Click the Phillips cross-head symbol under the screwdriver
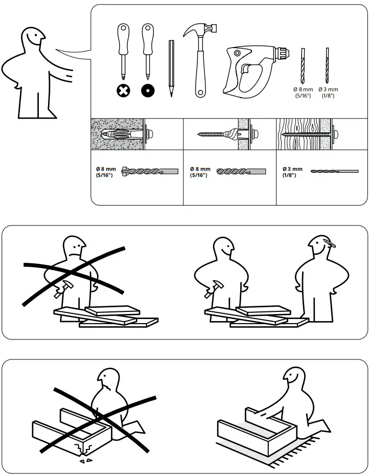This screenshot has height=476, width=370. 124,91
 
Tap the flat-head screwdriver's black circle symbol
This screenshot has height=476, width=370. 148,91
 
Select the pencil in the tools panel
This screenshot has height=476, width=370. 171,69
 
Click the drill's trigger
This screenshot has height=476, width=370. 246,69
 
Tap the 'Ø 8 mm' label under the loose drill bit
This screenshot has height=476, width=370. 303,89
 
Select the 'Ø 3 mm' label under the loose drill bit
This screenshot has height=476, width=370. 328,89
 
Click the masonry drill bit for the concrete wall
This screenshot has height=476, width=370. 150,171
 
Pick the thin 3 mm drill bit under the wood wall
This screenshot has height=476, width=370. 335,171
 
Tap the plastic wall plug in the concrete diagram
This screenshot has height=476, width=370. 122,133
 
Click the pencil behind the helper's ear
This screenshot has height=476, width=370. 330,243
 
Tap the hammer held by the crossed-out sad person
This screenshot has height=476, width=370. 63,289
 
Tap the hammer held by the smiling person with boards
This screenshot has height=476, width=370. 214,289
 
